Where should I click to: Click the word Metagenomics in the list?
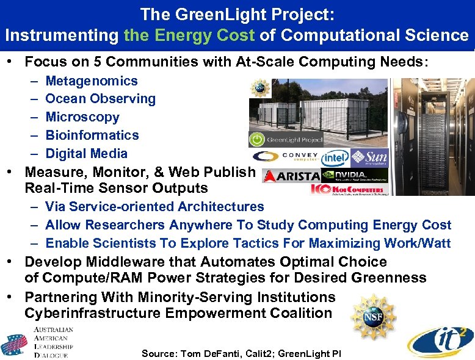[x=92, y=81]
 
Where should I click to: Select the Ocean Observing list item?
[x=100, y=99]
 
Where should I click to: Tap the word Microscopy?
[x=82, y=117]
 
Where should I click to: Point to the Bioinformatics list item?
[x=92, y=135]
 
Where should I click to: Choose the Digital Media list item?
[x=87, y=154]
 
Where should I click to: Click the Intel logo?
[x=336, y=157]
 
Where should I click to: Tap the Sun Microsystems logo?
[x=370, y=157]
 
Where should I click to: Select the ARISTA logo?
[x=291, y=176]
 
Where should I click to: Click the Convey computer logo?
[x=285, y=157]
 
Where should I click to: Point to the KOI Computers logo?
[x=348, y=190]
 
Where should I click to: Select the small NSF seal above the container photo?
[x=260, y=87]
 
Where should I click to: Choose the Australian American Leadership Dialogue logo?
[x=38, y=342]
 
